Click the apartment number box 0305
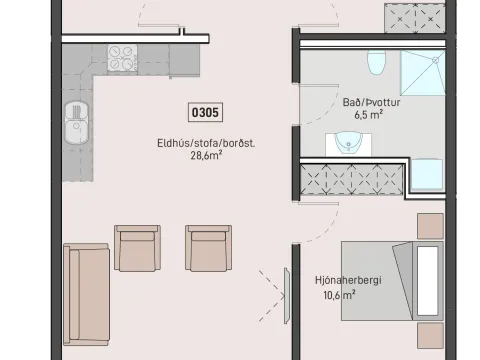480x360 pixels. click(x=205, y=112)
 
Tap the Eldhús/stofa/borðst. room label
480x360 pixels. click(x=206, y=143)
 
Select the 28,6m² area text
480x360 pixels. click(x=206, y=155)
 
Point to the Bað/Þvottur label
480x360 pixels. click(x=371, y=102)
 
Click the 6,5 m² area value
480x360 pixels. click(x=368, y=115)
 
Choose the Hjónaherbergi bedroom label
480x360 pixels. click(x=348, y=280)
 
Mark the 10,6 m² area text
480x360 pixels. click(x=339, y=295)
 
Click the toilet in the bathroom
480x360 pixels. click(x=377, y=62)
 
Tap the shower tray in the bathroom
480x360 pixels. click(x=423, y=73)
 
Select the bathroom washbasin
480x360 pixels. click(x=348, y=143)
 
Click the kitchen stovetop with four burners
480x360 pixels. click(x=122, y=58)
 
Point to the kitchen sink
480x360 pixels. click(x=77, y=123)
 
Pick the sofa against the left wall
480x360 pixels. click(x=86, y=294)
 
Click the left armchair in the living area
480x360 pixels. click(x=137, y=248)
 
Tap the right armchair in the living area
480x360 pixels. click(x=209, y=248)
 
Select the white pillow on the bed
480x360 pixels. click(x=428, y=281)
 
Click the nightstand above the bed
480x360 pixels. click(x=431, y=226)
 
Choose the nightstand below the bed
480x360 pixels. click(x=431, y=336)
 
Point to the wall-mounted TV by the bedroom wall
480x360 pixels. click(x=287, y=296)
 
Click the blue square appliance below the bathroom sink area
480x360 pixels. click(x=427, y=175)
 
